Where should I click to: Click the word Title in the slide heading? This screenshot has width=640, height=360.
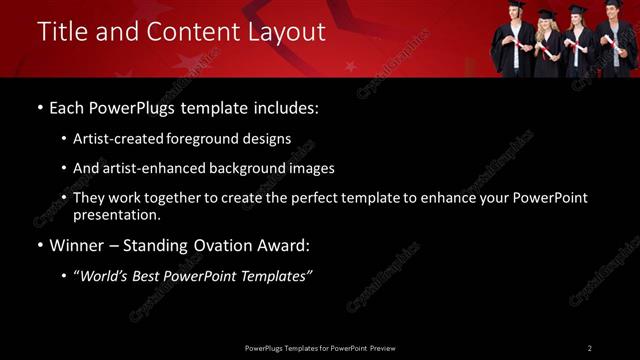(59, 32)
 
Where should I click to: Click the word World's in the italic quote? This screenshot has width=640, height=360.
(107, 276)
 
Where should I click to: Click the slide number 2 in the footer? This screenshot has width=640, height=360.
(589, 348)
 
